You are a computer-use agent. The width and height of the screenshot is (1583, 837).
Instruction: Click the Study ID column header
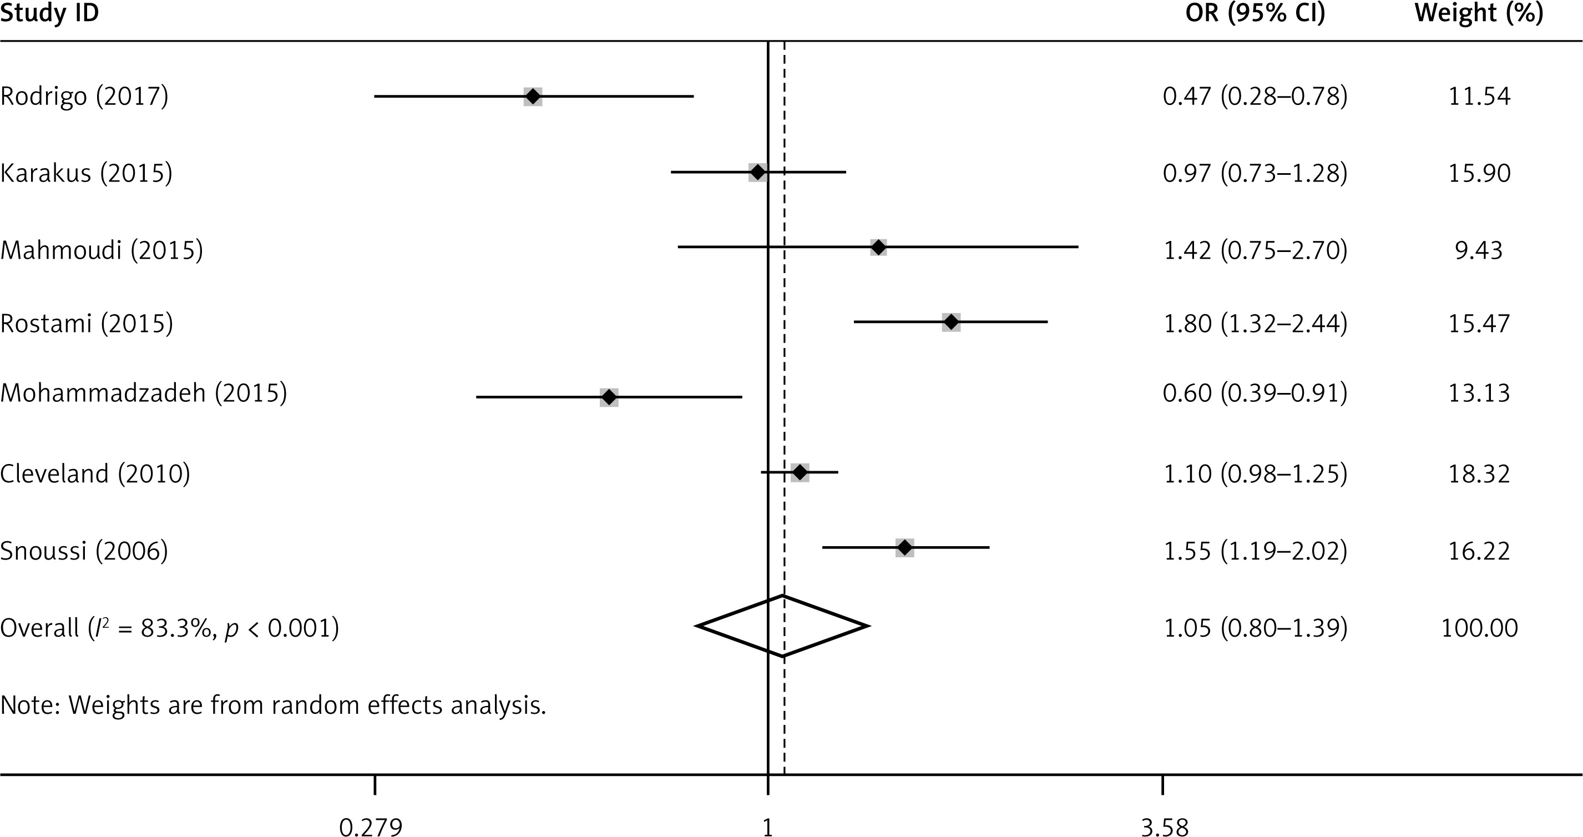coord(50,13)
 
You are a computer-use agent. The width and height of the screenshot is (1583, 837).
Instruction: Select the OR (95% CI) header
coord(1255,13)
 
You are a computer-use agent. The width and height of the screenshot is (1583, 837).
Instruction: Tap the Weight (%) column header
coord(1479,13)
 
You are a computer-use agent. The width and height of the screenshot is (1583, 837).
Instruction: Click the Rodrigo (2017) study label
coord(84,97)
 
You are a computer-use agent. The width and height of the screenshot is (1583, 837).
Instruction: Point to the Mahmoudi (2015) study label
coord(102,250)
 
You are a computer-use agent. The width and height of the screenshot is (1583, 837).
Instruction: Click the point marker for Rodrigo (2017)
coord(533,97)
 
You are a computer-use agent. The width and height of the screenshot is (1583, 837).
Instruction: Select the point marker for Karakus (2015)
coord(758,173)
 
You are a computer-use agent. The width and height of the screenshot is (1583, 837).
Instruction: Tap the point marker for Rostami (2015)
coord(951,322)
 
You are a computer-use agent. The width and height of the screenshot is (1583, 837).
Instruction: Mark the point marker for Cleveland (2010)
coord(800,472)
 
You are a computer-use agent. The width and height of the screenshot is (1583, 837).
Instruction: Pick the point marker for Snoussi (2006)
coord(904,548)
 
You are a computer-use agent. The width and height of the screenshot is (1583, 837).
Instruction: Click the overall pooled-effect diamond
coord(783,626)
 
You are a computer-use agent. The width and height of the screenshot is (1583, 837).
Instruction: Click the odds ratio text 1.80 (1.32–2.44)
coord(1255,323)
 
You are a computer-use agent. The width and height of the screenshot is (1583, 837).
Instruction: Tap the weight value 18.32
coord(1479,474)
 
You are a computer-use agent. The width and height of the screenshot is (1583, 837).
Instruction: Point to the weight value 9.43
coord(1479,250)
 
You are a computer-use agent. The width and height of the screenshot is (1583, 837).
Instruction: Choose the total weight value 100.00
coord(1479,627)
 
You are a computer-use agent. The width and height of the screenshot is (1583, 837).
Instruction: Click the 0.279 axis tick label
coord(371,827)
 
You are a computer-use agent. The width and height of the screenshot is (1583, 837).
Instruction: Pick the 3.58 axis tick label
coord(1165,827)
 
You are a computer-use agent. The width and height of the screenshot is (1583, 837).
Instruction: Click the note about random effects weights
coord(273,705)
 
